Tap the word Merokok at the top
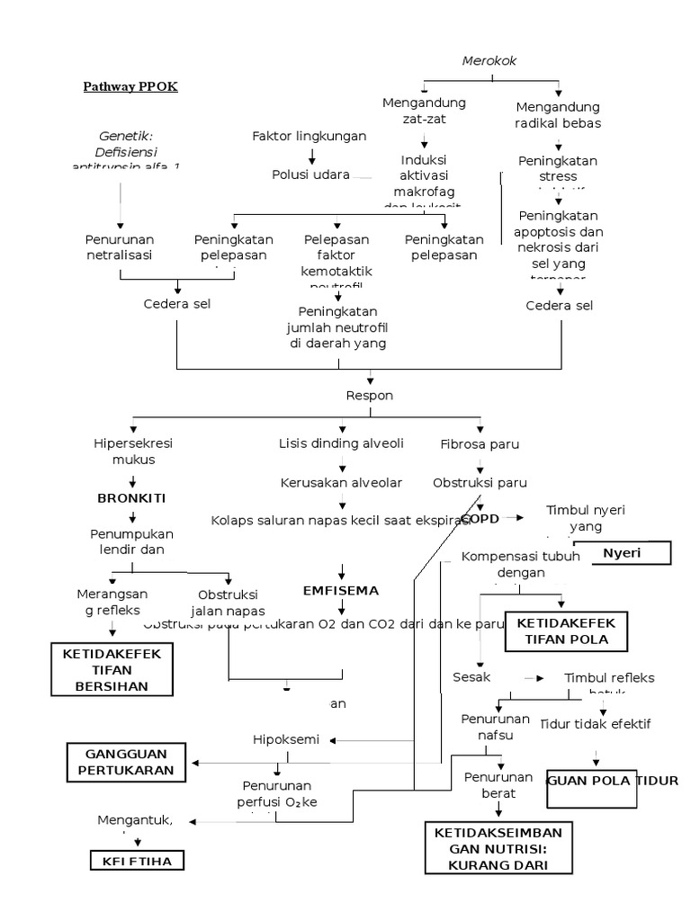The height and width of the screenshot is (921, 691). pyautogui.click(x=490, y=60)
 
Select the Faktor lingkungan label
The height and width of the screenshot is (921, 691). pyautogui.click(x=309, y=136)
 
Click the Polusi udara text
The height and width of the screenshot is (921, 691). pyautogui.click(x=310, y=174)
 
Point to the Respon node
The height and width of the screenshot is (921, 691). pyautogui.click(x=370, y=395)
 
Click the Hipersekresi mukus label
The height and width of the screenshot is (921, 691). pyautogui.click(x=133, y=452)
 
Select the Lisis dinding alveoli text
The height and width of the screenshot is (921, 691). pyautogui.click(x=341, y=443)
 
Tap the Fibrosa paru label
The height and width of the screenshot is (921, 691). pyautogui.click(x=480, y=444)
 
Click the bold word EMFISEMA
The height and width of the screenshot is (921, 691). pyautogui.click(x=341, y=591)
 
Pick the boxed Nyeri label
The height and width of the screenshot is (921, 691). pyautogui.click(x=622, y=553)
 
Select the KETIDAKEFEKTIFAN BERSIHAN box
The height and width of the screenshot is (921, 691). pyautogui.click(x=112, y=670)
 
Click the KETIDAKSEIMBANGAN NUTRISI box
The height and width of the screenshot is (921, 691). pyautogui.click(x=498, y=846)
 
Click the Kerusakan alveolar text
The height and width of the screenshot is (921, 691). pyautogui.click(x=341, y=483)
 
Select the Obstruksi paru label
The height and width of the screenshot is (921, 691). pyautogui.click(x=480, y=483)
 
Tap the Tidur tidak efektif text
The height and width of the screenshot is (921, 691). pyautogui.click(x=595, y=723)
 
